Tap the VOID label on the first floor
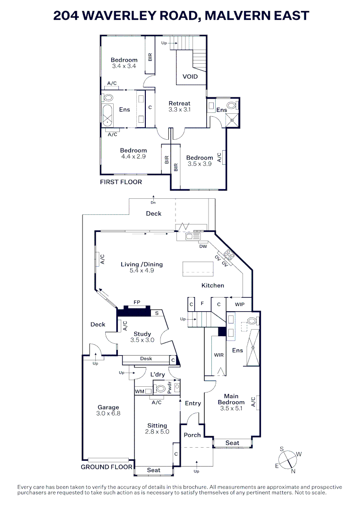click(190, 76)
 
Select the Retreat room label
click(179, 103)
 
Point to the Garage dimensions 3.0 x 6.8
click(108, 413)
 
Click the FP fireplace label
click(137, 302)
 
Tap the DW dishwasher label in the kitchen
click(203, 246)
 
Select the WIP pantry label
click(240, 304)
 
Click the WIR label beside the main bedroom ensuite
click(218, 355)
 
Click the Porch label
click(192, 435)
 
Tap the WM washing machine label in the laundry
click(139, 391)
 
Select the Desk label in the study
click(146, 359)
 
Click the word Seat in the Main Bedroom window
click(232, 443)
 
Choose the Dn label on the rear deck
click(153, 203)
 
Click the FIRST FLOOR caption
click(121, 182)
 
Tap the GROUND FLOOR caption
click(107, 467)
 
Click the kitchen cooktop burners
click(229, 255)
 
